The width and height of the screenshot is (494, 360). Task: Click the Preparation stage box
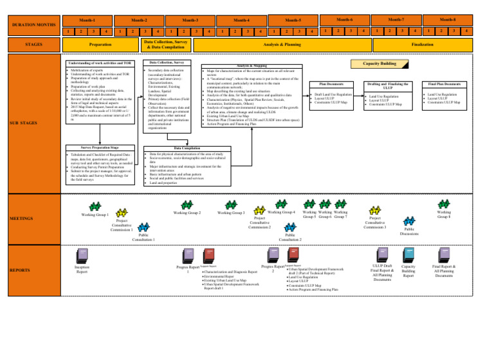[x=100, y=45]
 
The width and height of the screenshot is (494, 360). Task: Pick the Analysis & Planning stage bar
[x=282, y=45]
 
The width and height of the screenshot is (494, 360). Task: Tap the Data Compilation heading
[x=167, y=147]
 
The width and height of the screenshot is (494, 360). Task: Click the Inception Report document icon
[x=82, y=255]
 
